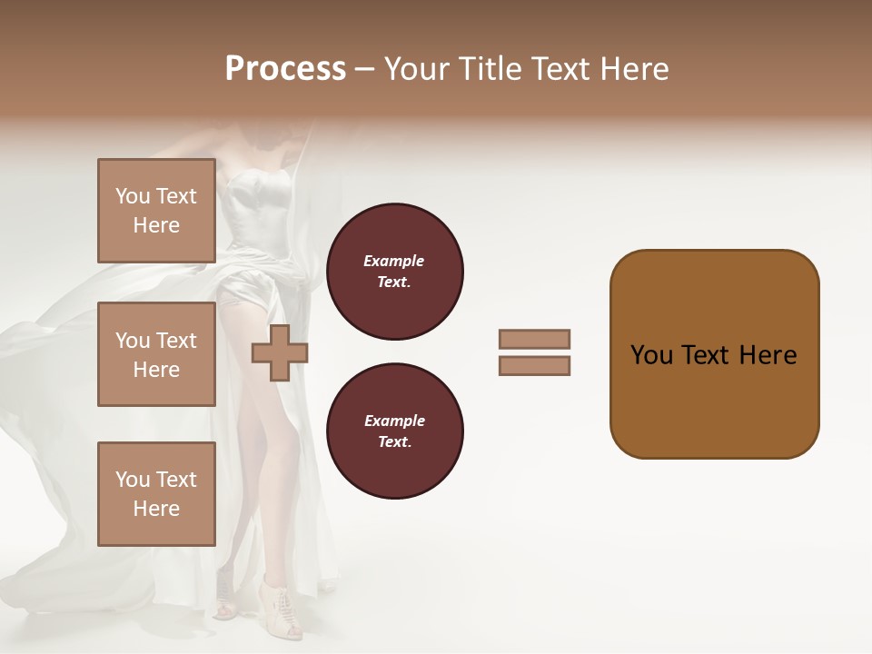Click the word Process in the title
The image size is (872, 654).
pos(285,69)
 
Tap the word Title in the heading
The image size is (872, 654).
pos(490,69)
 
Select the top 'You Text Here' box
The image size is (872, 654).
pos(156,211)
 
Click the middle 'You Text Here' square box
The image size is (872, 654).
pos(156,354)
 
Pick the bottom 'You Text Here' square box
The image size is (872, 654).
pos(156,494)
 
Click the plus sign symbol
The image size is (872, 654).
pos(279,353)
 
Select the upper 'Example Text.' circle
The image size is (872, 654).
pos(394,272)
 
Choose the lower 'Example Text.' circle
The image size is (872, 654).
pos(394,431)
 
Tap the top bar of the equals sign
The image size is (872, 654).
pos(534,339)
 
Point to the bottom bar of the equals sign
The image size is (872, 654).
pos(534,366)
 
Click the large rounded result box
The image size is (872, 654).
pos(714,354)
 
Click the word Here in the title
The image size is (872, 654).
pos(636,69)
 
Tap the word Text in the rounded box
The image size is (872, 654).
pos(708,355)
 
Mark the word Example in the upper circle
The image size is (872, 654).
pos(394,262)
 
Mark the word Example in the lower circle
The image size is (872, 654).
pos(394,421)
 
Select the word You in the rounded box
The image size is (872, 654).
pos(652,355)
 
